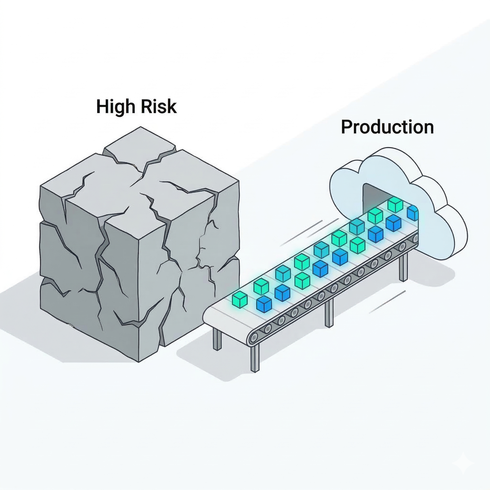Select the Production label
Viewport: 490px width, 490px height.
[x=387, y=127]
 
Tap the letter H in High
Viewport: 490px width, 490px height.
[x=102, y=106]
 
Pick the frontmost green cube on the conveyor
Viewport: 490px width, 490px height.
[x=240, y=299]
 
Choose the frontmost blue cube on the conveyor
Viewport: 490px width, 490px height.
[x=264, y=304]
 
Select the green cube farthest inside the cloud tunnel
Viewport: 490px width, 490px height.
[x=395, y=204]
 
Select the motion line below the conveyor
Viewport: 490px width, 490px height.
[x=387, y=302]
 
